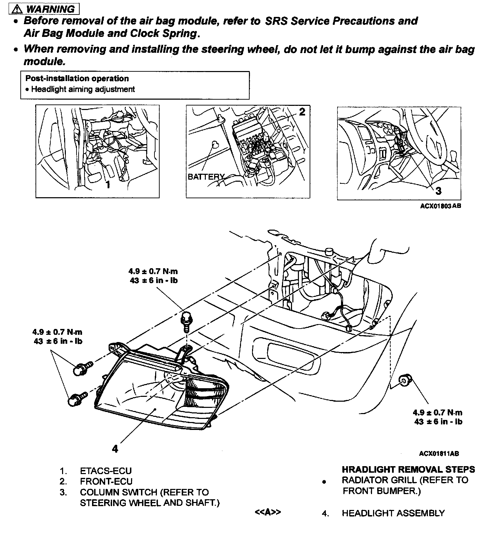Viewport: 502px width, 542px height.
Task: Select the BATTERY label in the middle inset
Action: click(x=205, y=177)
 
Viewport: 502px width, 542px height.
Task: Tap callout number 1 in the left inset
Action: click(x=108, y=185)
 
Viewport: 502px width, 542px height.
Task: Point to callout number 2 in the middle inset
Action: click(x=302, y=112)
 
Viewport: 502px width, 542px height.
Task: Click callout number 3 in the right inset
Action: click(x=438, y=191)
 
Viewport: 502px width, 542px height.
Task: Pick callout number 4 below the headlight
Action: click(x=115, y=448)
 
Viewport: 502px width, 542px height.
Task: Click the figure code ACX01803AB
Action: click(x=440, y=206)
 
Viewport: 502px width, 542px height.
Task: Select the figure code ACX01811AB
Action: click(x=439, y=453)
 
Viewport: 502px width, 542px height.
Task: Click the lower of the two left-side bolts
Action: click(x=74, y=400)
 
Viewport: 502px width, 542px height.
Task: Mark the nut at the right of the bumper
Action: click(x=404, y=380)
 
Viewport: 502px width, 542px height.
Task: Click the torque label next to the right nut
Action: click(x=438, y=417)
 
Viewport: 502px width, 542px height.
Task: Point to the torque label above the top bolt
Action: click(x=153, y=276)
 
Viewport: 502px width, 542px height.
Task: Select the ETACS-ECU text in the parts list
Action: click(x=106, y=471)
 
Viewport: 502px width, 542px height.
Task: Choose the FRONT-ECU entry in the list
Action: click(x=106, y=481)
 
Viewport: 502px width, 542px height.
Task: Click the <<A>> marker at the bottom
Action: click(x=268, y=512)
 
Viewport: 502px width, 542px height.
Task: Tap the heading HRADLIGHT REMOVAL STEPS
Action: click(x=408, y=470)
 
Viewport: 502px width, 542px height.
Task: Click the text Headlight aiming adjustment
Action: click(x=83, y=89)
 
